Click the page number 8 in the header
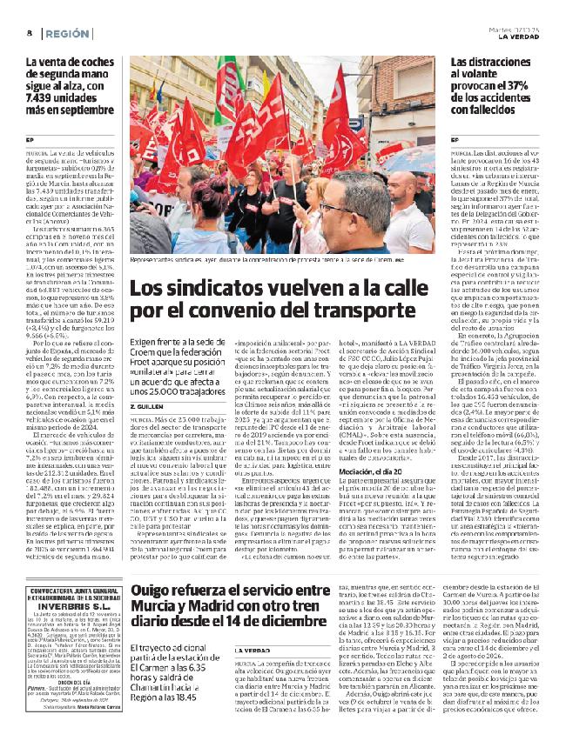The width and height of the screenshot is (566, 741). click(30, 32)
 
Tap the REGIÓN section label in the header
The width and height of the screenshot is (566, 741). click(67, 32)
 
